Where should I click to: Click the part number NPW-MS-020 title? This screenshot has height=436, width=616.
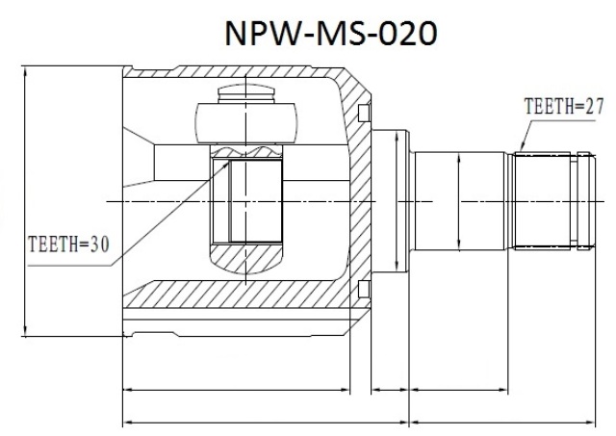pos(331,33)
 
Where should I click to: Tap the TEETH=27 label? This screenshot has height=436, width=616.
pos(564,106)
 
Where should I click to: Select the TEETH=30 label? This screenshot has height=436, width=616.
pos(68,244)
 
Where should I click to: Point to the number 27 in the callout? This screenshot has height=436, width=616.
pos(594,106)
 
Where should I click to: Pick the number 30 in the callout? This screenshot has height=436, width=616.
pos(99,244)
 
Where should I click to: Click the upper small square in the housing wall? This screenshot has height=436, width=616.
pos(364,113)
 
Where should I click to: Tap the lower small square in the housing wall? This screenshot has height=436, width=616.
pos(364,289)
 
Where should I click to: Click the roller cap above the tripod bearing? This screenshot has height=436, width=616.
pos(246,93)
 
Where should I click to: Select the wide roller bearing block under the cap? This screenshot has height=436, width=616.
pos(246,123)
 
